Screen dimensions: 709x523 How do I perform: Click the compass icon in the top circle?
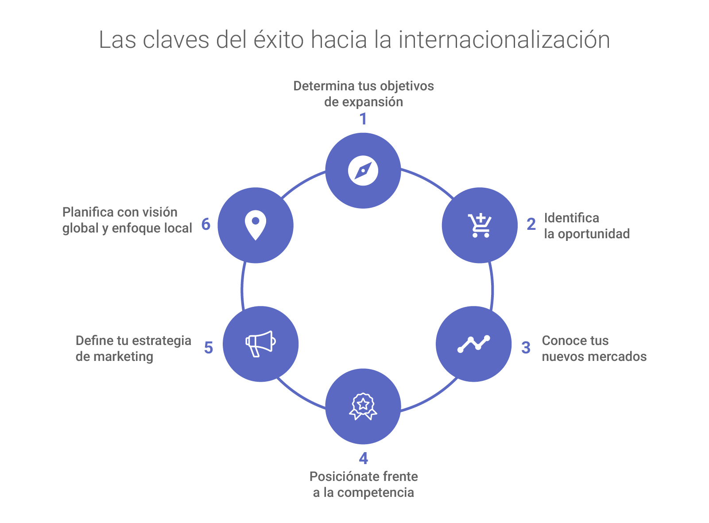pos(363,170)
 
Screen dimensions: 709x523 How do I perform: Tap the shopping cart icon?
pos(480,225)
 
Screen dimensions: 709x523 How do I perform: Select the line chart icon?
pos(474,344)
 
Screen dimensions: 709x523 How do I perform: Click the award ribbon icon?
pos(363,406)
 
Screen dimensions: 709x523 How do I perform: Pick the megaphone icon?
pos(261,344)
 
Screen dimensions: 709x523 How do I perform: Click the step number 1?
pos(363,119)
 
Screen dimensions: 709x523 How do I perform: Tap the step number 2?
pos(531,225)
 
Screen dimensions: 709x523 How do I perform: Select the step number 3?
pos(526,348)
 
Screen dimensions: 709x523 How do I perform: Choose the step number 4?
pos(364,458)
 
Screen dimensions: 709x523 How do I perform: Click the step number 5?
pos(209,348)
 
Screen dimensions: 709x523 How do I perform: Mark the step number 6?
pos(206,225)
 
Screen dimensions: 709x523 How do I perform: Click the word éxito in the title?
pos(279,39)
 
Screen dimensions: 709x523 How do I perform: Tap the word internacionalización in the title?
pos(504,39)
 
